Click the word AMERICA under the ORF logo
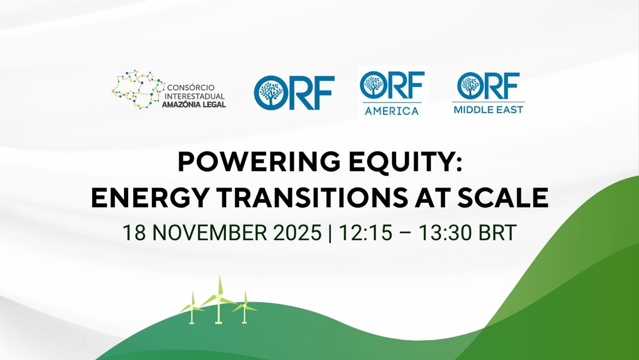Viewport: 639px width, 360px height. tap(391, 111)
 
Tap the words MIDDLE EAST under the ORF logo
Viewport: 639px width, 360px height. tap(488, 110)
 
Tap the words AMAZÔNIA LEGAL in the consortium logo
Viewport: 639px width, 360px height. tap(194, 105)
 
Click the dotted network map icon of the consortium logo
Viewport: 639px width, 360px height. tap(138, 89)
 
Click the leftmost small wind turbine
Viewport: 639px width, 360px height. tap(192, 308)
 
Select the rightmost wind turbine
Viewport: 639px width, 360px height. tap(244, 308)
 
